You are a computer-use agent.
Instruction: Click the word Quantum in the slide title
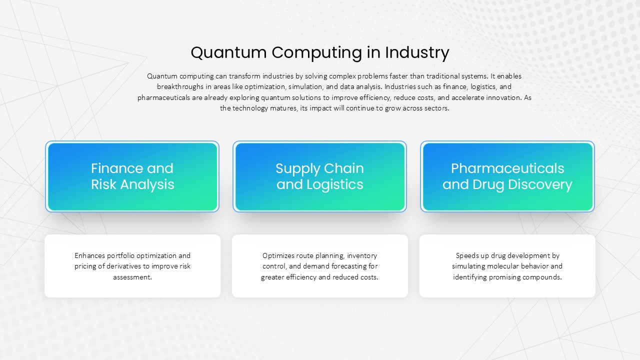tap(228, 53)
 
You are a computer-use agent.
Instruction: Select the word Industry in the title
tap(417, 53)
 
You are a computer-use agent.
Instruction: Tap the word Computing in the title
tap(316, 53)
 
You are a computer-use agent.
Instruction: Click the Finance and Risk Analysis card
tap(132, 176)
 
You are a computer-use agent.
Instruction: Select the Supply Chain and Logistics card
tap(319, 176)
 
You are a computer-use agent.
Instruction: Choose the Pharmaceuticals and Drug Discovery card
tap(507, 176)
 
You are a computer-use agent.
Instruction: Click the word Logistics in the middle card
tap(335, 185)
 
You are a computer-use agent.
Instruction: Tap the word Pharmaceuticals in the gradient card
tap(507, 168)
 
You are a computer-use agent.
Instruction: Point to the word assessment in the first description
tap(132, 277)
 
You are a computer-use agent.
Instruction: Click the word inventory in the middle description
tap(361, 255)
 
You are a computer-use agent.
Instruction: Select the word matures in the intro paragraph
tap(283, 108)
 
